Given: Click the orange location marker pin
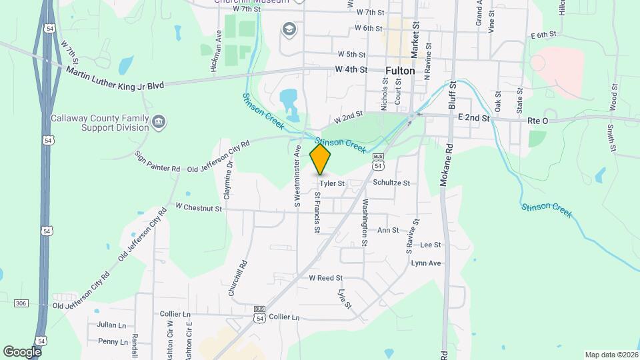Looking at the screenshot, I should click(x=321, y=159).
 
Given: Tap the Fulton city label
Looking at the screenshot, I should click(x=400, y=70).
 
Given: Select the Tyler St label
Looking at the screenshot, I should click(x=331, y=183).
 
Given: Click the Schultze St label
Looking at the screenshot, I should click(x=391, y=182).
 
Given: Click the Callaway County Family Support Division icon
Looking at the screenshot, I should click(x=159, y=122).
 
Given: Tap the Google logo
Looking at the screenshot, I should click(x=23, y=351).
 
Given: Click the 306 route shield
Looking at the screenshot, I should click(x=21, y=303).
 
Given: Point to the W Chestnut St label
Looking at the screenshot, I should click(x=199, y=208).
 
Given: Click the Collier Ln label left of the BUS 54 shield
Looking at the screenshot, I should click(x=175, y=313).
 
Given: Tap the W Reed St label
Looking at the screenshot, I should click(x=325, y=277).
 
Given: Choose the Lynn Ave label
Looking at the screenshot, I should click(x=426, y=263).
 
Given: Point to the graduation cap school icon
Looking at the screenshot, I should click(x=289, y=29).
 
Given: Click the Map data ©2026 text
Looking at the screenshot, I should click(x=610, y=355).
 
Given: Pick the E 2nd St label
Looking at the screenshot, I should click(x=474, y=117).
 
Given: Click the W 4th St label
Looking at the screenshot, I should click(x=351, y=69).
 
